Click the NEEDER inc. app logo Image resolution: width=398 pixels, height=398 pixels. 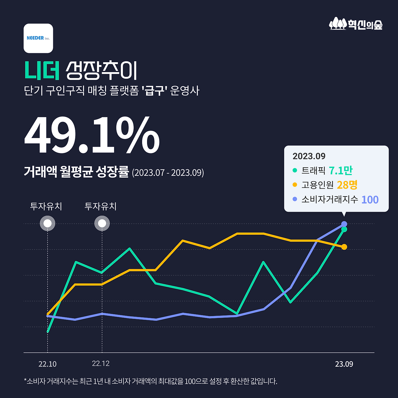(x=38, y=38)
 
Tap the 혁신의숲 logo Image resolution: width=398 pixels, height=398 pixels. (x=356, y=24)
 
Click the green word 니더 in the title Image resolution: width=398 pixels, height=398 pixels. (x=42, y=70)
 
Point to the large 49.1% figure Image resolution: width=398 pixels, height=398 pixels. (x=92, y=135)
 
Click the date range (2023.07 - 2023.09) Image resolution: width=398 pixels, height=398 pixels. (x=168, y=173)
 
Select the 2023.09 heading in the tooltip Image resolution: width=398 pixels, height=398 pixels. (x=309, y=156)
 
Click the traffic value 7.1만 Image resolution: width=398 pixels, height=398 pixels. (x=340, y=170)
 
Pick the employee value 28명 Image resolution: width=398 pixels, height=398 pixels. (x=347, y=185)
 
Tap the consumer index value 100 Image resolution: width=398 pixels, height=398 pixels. (x=370, y=200)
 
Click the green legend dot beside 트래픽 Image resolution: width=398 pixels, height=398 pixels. (x=295, y=170)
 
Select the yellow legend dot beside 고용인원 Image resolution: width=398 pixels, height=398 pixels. (x=295, y=185)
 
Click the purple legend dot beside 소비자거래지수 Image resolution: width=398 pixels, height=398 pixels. (x=295, y=199)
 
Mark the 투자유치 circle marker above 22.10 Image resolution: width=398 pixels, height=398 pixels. (x=48, y=224)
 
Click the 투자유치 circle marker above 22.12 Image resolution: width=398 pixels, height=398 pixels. (x=102, y=224)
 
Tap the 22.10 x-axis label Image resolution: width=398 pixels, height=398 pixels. (x=48, y=364)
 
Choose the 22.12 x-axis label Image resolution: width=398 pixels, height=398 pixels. (x=101, y=363)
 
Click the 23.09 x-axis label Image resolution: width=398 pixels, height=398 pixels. (x=344, y=364)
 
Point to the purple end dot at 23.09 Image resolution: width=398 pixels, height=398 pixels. (x=344, y=224)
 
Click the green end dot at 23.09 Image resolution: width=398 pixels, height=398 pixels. (x=344, y=229)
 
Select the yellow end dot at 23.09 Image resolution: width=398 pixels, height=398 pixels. (x=344, y=247)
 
